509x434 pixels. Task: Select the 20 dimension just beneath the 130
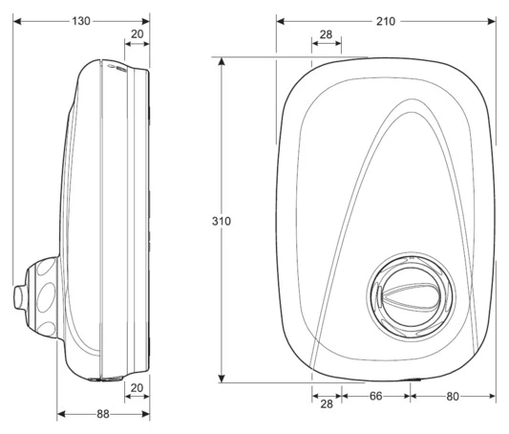coord(137,34)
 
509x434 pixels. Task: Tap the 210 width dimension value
coord(386,20)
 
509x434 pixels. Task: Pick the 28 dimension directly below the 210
coord(326,34)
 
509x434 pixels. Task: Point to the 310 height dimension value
coord(221,220)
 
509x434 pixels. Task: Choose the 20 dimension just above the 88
coord(137,387)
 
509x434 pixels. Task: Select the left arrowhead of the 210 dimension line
coord(280,20)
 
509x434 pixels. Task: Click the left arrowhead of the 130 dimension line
coord(17,20)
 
